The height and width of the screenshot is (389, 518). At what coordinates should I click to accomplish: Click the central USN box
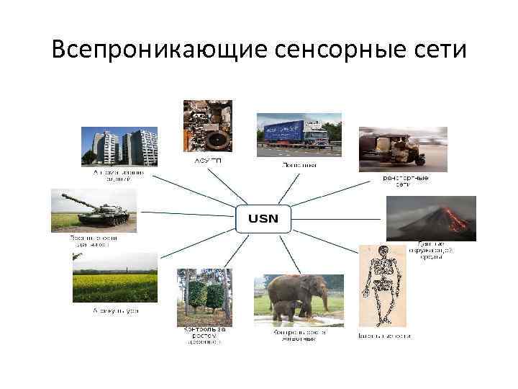[263, 217]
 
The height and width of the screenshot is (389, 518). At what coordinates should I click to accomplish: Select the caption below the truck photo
[299, 165]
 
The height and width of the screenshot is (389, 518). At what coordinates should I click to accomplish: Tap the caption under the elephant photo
[299, 336]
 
